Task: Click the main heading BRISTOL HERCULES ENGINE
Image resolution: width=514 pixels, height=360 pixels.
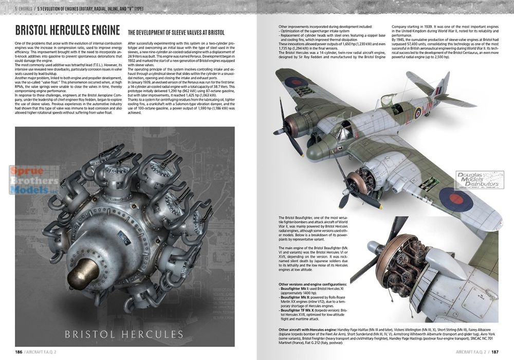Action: point(65,31)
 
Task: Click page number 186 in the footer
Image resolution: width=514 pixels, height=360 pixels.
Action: point(19,352)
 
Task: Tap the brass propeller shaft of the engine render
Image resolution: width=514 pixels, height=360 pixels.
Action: point(82,273)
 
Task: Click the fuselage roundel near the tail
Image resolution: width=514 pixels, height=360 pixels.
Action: point(418,113)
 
